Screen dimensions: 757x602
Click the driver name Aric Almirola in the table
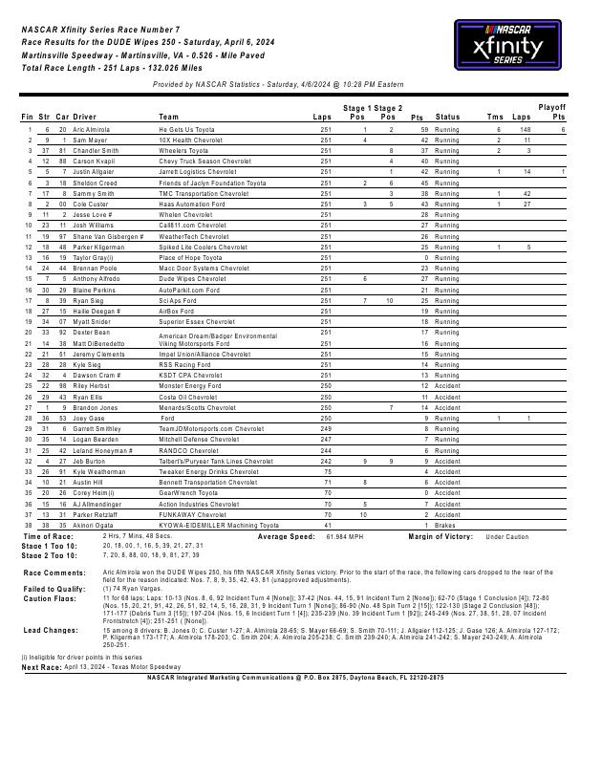[95, 129]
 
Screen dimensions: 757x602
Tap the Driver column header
[85, 118]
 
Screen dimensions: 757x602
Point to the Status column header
[447, 118]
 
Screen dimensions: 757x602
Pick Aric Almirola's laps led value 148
[525, 129]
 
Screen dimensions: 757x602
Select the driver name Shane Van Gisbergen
[108, 236]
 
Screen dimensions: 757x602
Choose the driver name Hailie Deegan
[96, 311]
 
